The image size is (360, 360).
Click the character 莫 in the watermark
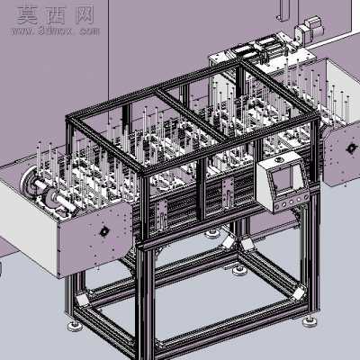tap(27, 15)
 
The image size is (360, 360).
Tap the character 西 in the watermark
tap(56, 15)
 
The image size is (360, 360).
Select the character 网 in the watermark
tap(85, 15)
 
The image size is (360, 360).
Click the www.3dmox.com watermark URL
tap(56, 31)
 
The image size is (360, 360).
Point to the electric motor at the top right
tap(310, 28)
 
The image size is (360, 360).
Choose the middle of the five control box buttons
tap(291, 202)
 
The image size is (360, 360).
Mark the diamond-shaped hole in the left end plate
tap(104, 231)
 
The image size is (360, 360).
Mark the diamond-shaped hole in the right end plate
tap(350, 148)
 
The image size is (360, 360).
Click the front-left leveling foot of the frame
tap(75, 326)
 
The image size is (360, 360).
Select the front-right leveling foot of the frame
tap(310, 322)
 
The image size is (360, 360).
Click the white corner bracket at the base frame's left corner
tap(82, 299)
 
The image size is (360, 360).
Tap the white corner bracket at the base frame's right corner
tap(298, 294)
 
